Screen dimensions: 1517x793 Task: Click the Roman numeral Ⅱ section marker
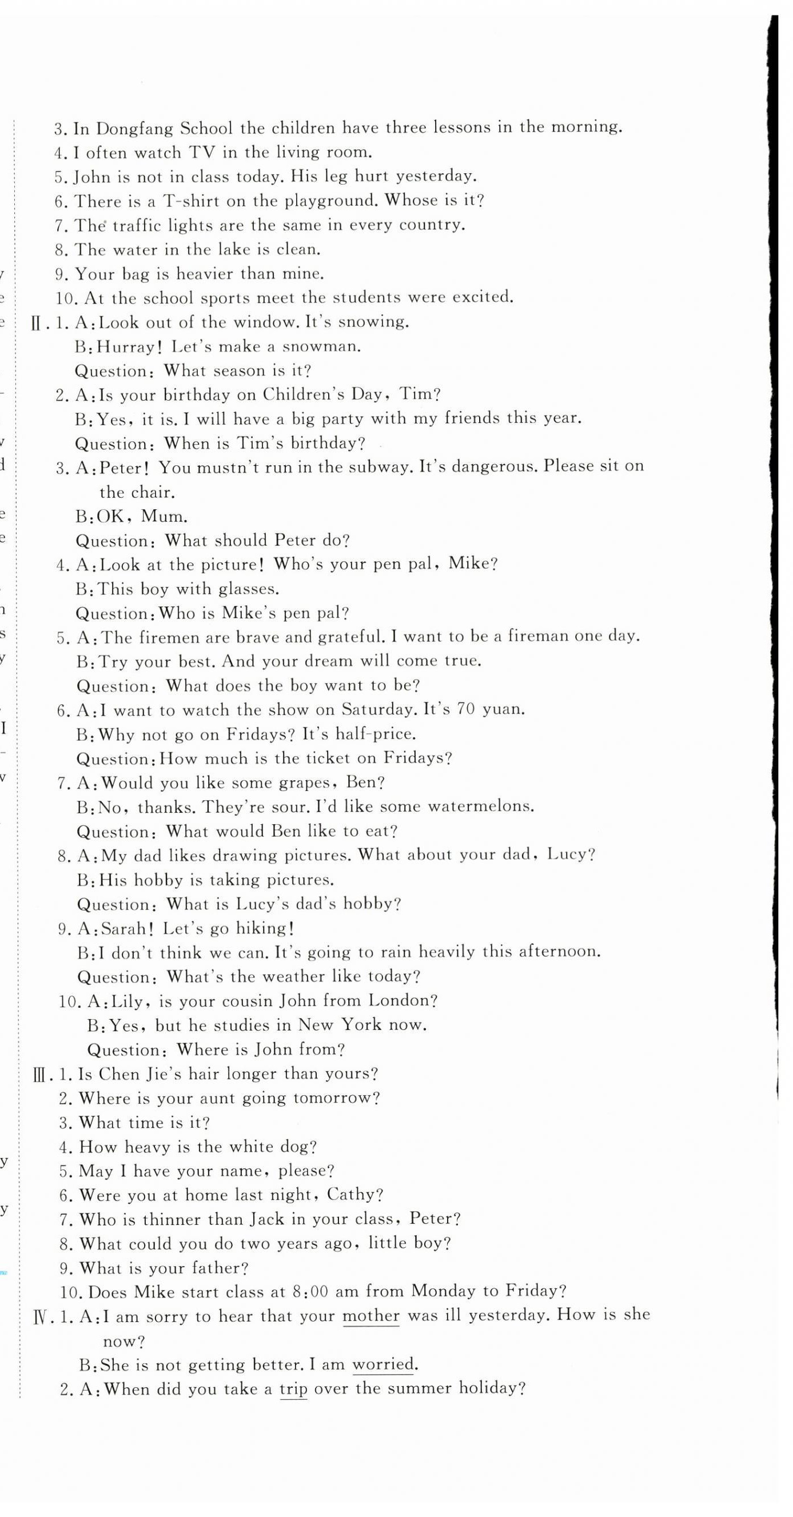tap(37, 324)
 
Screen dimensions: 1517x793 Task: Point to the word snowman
tap(322, 346)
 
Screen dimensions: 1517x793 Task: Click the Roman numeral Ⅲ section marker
tap(39, 1075)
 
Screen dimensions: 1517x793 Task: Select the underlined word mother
tap(370, 1317)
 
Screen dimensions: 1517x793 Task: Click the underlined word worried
tap(384, 1364)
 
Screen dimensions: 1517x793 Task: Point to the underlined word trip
tap(293, 1389)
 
